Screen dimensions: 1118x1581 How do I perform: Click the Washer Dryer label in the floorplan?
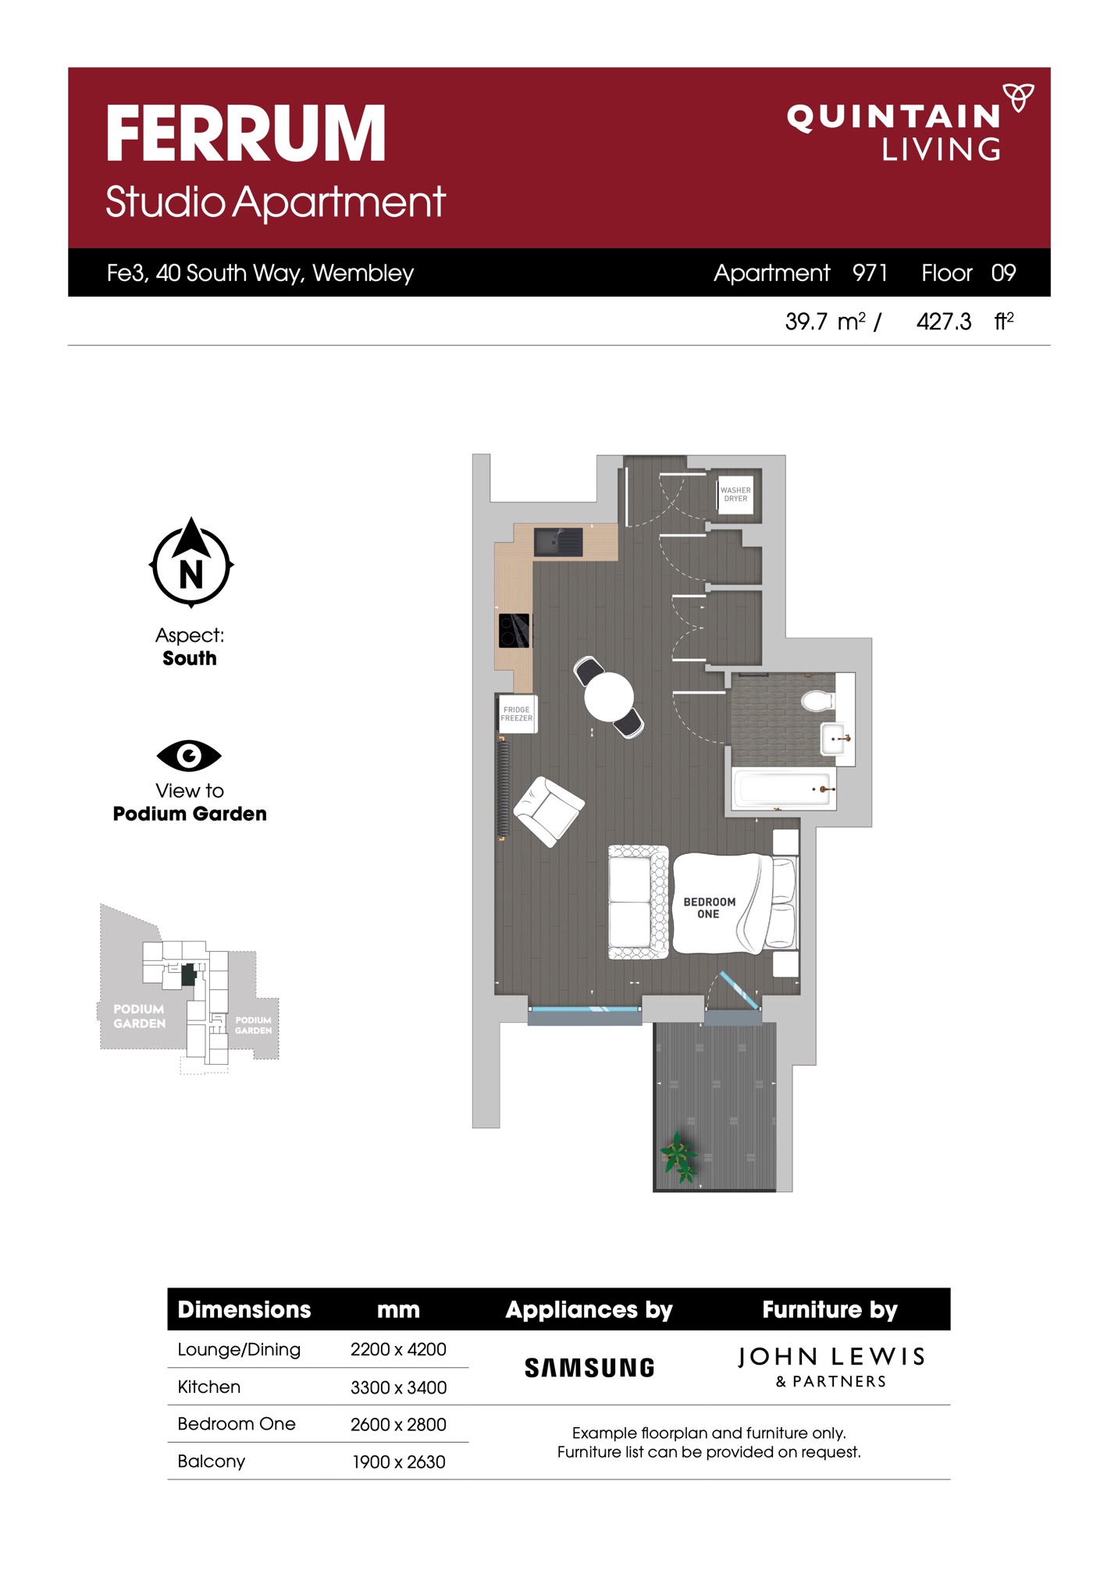[735, 494]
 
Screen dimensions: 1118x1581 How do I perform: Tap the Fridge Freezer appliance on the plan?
[516, 714]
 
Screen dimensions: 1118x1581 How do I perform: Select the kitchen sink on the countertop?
[558, 542]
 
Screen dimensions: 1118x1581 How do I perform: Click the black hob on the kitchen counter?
[514, 631]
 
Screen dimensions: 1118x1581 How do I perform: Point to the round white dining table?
[609, 696]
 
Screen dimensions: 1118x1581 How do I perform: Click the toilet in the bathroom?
[818, 700]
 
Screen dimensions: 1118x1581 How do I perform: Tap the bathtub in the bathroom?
[784, 789]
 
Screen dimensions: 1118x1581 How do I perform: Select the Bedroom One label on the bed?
[709, 907]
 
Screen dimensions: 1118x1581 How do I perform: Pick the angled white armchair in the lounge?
[548, 812]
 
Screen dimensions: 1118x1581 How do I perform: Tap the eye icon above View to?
[189, 755]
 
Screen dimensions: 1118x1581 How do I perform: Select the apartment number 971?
[870, 272]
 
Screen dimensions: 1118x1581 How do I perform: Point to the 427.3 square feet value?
[944, 322]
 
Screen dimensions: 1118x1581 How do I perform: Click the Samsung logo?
[589, 1368]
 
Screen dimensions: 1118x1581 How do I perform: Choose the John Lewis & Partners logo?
[831, 1367]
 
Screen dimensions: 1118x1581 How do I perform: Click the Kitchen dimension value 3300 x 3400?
[398, 1387]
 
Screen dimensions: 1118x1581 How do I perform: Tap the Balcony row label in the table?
[211, 1462]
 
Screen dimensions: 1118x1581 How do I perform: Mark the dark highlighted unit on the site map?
[187, 974]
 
